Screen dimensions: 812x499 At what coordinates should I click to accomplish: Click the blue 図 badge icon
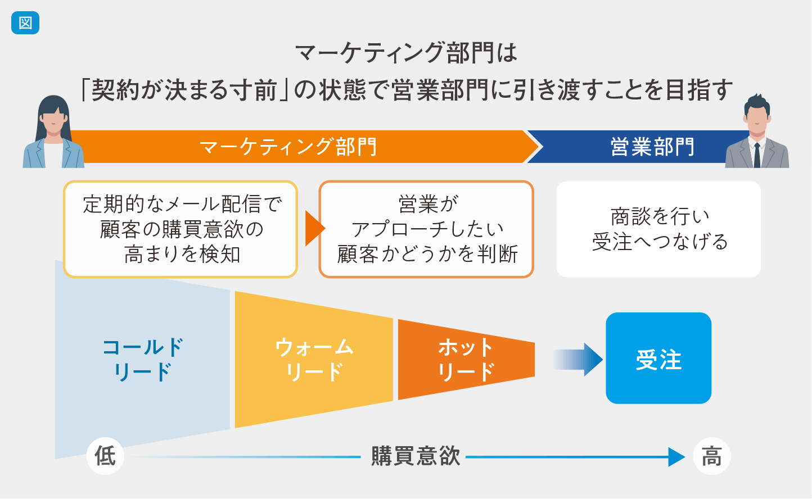(x=25, y=23)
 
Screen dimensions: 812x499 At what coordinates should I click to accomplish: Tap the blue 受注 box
(x=658, y=358)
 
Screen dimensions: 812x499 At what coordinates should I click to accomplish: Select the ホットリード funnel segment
(x=466, y=360)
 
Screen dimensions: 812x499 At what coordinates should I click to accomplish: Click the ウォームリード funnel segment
(x=314, y=360)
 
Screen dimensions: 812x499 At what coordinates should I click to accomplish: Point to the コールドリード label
(x=143, y=360)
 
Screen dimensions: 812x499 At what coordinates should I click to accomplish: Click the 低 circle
(x=105, y=456)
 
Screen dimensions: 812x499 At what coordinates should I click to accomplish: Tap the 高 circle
(x=711, y=456)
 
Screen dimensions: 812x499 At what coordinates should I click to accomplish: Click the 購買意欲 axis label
(x=416, y=456)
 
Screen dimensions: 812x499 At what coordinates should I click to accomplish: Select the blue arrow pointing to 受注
(x=578, y=360)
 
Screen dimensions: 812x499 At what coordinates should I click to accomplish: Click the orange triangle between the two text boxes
(x=315, y=229)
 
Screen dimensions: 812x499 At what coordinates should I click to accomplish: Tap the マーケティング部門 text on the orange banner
(x=288, y=147)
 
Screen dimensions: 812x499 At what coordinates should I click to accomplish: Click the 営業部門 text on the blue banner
(x=652, y=147)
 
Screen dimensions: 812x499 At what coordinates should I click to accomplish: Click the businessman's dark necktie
(x=757, y=155)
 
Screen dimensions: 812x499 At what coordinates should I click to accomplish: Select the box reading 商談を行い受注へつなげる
(x=658, y=229)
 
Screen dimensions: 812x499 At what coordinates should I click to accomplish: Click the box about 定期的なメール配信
(x=181, y=229)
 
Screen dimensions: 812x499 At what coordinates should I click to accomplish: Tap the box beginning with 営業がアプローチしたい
(x=426, y=229)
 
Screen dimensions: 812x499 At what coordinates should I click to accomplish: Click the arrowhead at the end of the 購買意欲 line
(x=676, y=457)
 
